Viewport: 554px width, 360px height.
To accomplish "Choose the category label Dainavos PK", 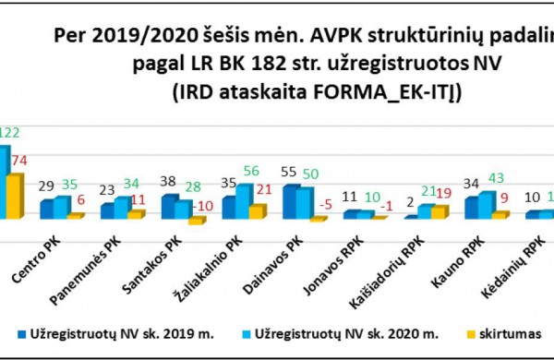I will tap(289, 267).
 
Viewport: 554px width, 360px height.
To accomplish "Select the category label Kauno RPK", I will tap(476, 265).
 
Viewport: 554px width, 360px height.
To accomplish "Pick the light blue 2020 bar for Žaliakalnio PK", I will tap(243, 201).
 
